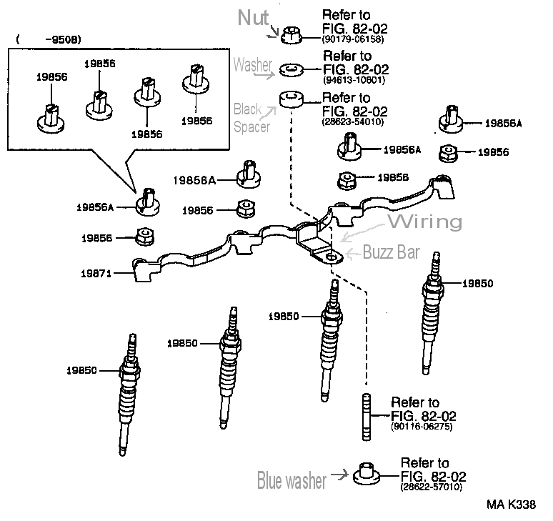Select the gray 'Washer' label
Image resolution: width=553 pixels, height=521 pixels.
tap(252, 64)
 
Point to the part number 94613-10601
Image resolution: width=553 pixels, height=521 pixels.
tap(354, 80)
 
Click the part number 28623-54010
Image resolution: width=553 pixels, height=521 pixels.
tap(355, 122)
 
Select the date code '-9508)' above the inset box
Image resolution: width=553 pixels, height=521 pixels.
tap(61, 39)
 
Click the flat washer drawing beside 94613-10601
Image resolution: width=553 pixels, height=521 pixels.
tap(290, 69)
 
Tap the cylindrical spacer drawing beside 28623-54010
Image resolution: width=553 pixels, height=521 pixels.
tap(290, 99)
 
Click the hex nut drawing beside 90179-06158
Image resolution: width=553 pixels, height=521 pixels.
tap(291, 32)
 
